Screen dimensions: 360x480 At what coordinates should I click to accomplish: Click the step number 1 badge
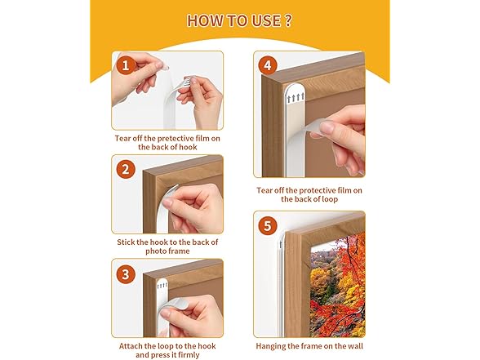pos(126,64)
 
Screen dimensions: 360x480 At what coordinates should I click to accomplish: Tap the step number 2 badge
pos(126,170)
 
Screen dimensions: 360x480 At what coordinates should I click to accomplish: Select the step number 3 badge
pos(126,274)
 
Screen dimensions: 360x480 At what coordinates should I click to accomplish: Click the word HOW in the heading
pos(205,20)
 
